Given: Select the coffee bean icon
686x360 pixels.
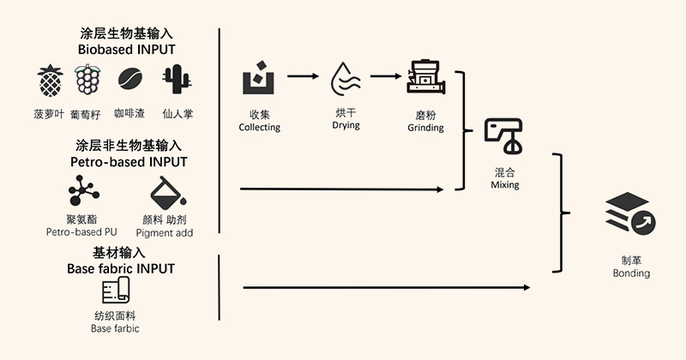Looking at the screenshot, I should click(130, 80).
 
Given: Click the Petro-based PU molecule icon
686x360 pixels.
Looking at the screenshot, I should click(84, 190).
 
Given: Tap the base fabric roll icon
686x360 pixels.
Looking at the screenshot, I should click(115, 293).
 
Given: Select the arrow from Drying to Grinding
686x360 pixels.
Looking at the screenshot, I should click(385, 76).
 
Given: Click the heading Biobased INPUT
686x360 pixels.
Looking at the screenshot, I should click(126, 49).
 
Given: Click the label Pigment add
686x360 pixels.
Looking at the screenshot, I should click(167, 232).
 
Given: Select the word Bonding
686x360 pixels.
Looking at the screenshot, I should click(631, 273).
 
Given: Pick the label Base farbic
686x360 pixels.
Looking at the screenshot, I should click(115, 328).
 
